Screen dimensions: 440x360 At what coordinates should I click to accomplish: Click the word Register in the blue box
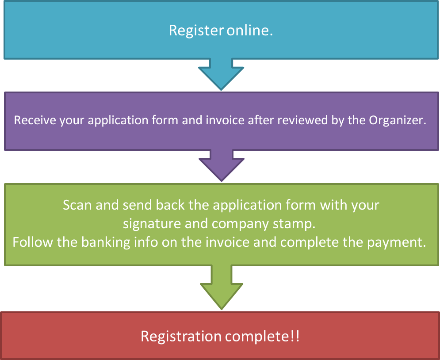point(196,31)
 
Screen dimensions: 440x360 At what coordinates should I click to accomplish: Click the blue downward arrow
point(221,74)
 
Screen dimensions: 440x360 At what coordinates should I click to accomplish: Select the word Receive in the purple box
point(35,120)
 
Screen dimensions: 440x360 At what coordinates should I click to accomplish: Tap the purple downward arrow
point(222,165)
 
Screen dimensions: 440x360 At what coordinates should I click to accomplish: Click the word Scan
point(77,205)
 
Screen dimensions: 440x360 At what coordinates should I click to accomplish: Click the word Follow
point(33,242)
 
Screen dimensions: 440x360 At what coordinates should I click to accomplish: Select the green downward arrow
point(222,287)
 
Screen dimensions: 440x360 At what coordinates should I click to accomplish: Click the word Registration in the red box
point(181,336)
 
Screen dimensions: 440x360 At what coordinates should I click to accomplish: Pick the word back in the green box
point(170,205)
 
